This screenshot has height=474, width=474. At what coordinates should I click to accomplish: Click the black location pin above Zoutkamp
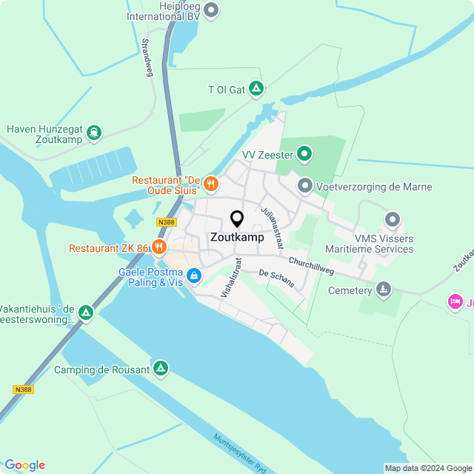237,219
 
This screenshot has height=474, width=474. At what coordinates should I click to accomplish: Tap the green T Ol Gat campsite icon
256,90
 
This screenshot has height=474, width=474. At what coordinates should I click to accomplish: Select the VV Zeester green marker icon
304,155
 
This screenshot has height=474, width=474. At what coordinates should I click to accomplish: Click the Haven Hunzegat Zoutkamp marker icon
93,133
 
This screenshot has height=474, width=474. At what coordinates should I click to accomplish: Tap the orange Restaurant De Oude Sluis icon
210,182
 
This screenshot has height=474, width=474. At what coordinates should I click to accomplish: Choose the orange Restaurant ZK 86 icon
158,247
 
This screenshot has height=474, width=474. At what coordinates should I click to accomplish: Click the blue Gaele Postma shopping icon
193,276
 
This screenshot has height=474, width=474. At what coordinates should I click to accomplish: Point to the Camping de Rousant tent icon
161,369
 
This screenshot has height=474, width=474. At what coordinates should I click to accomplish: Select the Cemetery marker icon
383,289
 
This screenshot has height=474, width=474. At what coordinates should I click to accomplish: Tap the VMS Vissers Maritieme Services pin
393,220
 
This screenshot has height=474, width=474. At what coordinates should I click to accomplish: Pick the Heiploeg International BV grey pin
211,10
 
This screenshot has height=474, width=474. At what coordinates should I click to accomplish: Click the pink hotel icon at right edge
455,301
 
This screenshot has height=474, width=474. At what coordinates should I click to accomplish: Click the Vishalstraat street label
231,278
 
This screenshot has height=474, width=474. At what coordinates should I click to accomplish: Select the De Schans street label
276,278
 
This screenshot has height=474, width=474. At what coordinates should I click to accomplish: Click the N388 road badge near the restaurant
167,221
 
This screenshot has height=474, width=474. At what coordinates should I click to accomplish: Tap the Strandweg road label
147,58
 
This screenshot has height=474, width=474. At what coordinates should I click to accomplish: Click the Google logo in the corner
24,464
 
